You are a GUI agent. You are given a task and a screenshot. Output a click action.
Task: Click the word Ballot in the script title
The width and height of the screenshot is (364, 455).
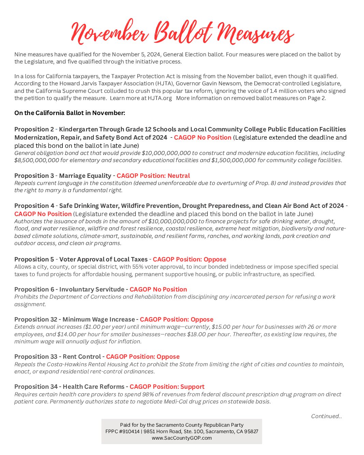tap(183, 32)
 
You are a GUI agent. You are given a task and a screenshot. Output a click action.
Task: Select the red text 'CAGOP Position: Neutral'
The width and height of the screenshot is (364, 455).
tap(153, 176)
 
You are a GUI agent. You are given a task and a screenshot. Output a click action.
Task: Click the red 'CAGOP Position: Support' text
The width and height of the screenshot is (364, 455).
tap(167, 387)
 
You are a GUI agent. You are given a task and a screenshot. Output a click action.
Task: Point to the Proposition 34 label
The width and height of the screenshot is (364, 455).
tap(36, 387)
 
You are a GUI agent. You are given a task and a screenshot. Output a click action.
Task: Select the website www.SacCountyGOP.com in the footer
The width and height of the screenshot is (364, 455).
tap(181, 438)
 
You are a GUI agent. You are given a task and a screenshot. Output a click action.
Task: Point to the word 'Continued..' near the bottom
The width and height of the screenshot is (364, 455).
tap(326, 416)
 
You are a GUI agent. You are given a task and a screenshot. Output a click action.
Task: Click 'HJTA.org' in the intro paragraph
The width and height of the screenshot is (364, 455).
tap(160, 98)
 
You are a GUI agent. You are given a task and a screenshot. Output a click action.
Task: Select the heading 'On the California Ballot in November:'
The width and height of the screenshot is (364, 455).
tap(70, 113)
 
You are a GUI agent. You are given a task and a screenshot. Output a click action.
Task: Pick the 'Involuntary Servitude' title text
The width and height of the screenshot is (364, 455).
tap(92, 289)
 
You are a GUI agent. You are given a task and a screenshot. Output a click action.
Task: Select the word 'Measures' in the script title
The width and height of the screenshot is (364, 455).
tap(255, 33)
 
